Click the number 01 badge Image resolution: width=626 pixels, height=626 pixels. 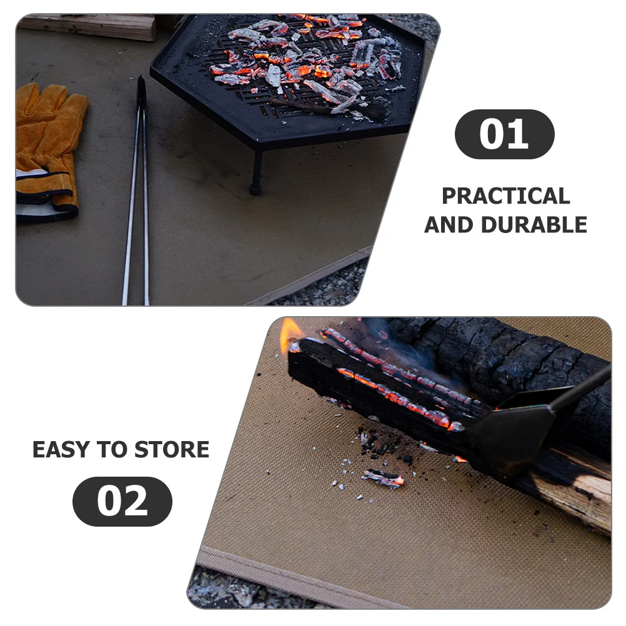(504, 134)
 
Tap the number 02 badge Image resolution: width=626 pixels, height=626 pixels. (122, 501)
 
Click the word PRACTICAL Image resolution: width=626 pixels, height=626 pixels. (505, 196)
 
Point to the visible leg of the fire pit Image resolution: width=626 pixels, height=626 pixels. (256, 172)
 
